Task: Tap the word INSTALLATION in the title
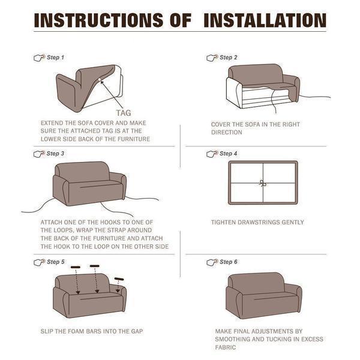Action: [x=265, y=20]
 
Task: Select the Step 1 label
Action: [x=55, y=58]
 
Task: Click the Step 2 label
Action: [x=229, y=58]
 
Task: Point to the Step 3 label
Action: [x=55, y=154]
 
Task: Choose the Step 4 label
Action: [x=229, y=154]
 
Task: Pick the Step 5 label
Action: [x=55, y=262]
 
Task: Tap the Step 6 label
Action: [x=229, y=262]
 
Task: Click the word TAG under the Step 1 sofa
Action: [x=123, y=112]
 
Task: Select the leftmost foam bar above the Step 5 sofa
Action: [x=75, y=267]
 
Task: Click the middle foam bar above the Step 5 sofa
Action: [x=95, y=266]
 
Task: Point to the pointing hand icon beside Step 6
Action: [x=211, y=262]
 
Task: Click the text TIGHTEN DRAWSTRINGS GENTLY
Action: [x=257, y=223]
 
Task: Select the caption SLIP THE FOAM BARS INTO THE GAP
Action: [x=91, y=331]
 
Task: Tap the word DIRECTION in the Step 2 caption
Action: [x=226, y=132]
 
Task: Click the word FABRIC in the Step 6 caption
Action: [x=225, y=347]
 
